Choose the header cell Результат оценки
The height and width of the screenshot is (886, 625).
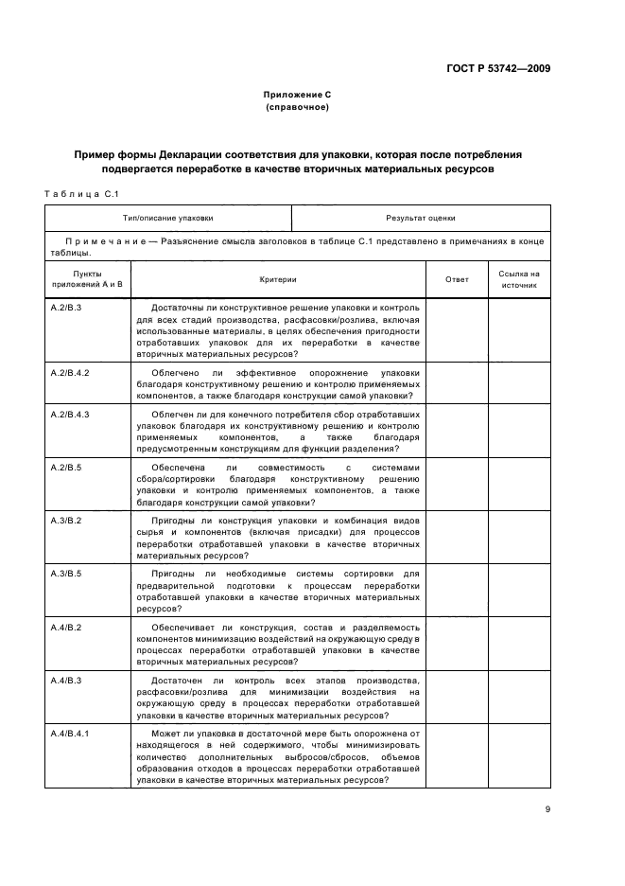tap(420, 218)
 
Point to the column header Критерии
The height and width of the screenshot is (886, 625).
tap(279, 279)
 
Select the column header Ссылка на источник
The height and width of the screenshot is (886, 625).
tap(519, 279)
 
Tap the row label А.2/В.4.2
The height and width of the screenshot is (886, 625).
tap(70, 373)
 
